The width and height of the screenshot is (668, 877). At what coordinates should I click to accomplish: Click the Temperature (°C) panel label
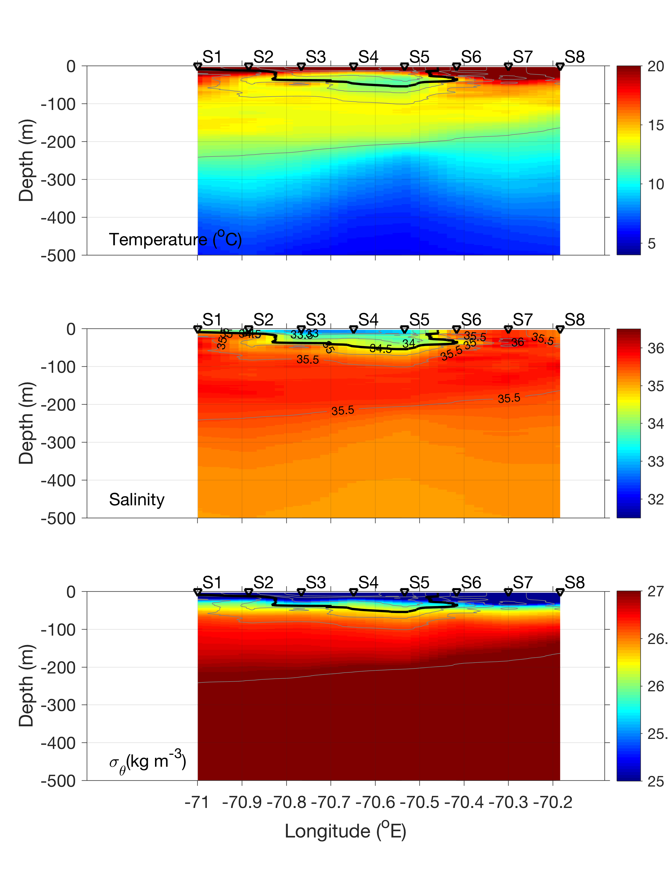[x=175, y=239]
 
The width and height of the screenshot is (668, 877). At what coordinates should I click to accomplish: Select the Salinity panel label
[x=136, y=499]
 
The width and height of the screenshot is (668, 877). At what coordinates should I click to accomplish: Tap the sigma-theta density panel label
[x=147, y=762]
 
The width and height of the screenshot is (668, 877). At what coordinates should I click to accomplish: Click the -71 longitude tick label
[x=197, y=803]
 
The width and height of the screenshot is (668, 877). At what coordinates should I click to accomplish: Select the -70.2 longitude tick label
[x=553, y=803]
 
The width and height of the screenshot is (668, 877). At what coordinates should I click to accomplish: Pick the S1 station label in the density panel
[x=212, y=583]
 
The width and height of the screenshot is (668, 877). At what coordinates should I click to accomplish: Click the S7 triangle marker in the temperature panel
[x=508, y=67]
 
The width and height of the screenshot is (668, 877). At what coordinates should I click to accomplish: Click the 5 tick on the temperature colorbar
[x=652, y=243]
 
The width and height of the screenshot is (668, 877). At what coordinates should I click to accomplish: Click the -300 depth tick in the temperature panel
[x=58, y=180]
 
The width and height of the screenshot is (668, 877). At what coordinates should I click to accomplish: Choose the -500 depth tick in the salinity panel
[x=58, y=518]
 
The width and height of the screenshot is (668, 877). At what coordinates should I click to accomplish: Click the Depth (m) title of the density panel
[x=26, y=686]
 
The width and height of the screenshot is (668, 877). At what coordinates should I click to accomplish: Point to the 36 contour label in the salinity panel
[x=517, y=342]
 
